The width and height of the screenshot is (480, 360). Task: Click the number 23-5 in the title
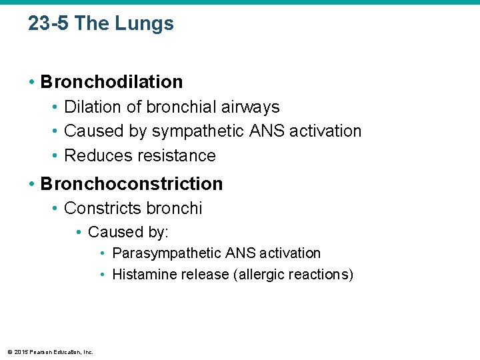pyautogui.click(x=48, y=24)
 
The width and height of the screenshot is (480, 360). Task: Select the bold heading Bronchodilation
pyautogui.click(x=111, y=82)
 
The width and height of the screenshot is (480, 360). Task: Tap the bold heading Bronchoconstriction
pyautogui.click(x=131, y=183)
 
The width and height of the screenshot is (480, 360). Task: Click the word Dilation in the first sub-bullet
pyautogui.click(x=90, y=107)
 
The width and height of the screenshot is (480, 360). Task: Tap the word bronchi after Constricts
pyautogui.click(x=173, y=208)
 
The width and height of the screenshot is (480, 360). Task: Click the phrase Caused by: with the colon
pyautogui.click(x=129, y=232)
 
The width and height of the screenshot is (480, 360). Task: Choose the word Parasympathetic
pyautogui.click(x=167, y=253)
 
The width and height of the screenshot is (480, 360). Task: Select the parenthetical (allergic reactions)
pyautogui.click(x=293, y=275)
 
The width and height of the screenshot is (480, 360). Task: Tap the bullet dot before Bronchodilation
pyautogui.click(x=32, y=82)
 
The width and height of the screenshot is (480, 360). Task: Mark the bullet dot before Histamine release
pyautogui.click(x=103, y=275)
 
